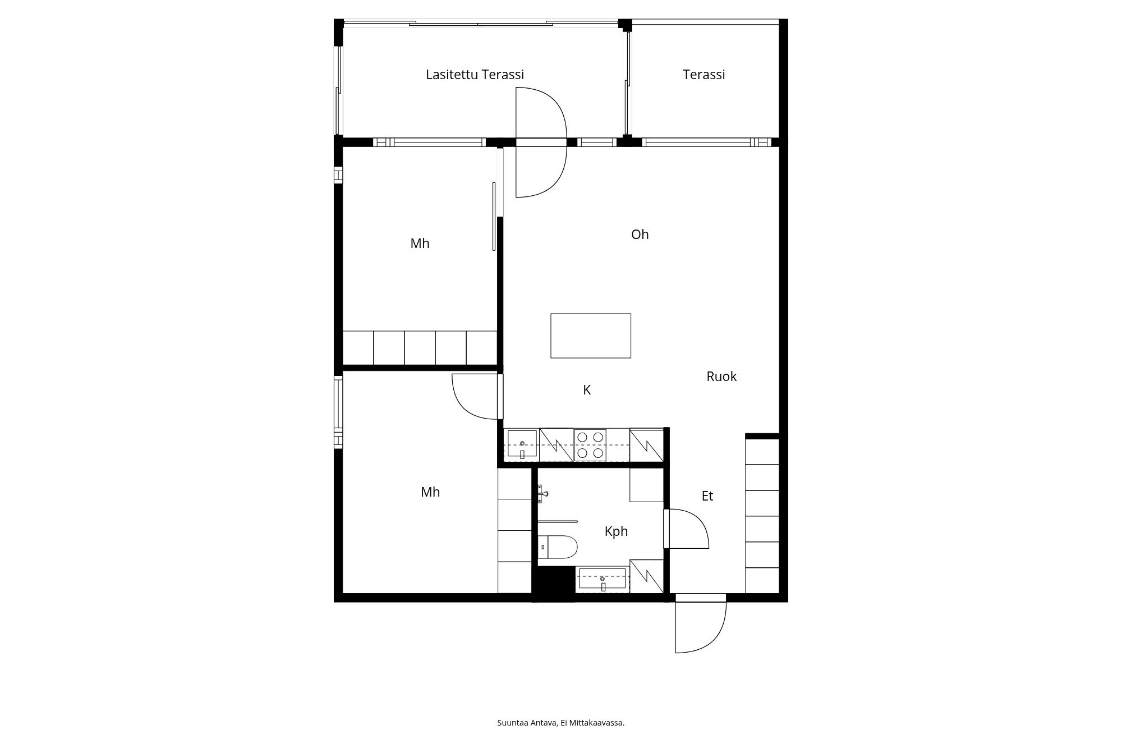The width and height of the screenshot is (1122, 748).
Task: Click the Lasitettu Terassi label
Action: tap(475, 75)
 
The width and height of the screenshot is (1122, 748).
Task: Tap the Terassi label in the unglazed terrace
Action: tap(703, 75)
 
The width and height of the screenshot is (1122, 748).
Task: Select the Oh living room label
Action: tap(640, 235)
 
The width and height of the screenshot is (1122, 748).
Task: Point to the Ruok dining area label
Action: tap(721, 377)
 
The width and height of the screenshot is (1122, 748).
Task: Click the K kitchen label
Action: tap(587, 390)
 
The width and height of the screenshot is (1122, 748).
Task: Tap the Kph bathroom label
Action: tap(616, 531)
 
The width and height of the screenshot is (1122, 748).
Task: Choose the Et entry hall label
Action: tap(707, 496)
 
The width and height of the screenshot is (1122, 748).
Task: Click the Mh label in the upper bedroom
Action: tap(420, 244)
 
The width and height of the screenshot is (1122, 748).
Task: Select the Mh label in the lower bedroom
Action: tap(430, 492)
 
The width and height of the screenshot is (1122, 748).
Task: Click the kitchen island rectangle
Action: tap(590, 336)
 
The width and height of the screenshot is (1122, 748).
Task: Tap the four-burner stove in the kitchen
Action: tap(590, 445)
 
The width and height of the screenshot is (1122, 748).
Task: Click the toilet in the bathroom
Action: tap(558, 547)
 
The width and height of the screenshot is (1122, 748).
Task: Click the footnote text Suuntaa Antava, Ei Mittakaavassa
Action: tap(560, 723)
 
